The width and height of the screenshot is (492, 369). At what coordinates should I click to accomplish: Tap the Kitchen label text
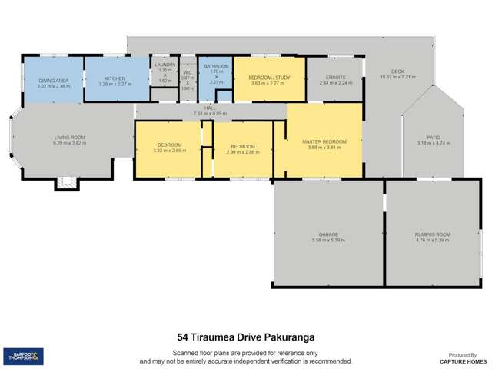click(115, 78)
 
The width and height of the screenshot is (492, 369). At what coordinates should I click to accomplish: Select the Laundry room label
click(165, 65)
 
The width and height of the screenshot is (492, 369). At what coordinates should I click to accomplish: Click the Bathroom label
click(216, 67)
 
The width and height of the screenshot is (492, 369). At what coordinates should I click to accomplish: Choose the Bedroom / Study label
click(269, 78)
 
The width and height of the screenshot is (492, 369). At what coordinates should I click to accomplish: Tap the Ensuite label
click(335, 77)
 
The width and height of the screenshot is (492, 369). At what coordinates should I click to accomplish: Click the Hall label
click(210, 108)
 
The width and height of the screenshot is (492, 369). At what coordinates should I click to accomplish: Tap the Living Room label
click(69, 138)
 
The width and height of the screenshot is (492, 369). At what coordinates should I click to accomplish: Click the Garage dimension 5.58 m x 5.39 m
click(329, 239)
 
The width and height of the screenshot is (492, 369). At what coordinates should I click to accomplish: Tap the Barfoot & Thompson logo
click(23, 356)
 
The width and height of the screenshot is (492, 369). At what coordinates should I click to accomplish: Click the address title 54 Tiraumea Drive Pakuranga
click(246, 337)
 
